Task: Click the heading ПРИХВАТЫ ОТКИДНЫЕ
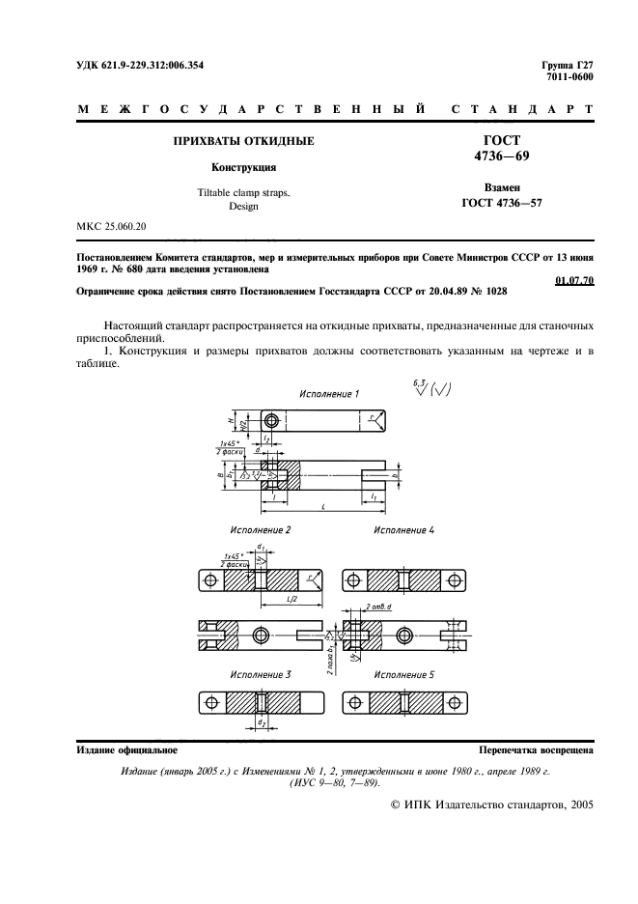click(x=242, y=141)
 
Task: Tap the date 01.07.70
click(x=575, y=280)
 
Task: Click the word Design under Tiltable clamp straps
click(x=243, y=206)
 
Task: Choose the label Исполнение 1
click(x=329, y=394)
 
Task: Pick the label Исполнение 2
click(x=260, y=530)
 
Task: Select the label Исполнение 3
click(x=260, y=672)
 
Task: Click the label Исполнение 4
click(x=403, y=530)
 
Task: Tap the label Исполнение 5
click(x=403, y=672)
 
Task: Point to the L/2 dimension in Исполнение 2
click(x=291, y=601)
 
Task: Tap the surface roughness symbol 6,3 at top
click(x=417, y=384)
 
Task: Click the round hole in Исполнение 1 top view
click(x=273, y=421)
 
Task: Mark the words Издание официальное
click(x=125, y=749)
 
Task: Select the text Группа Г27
click(x=569, y=66)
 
